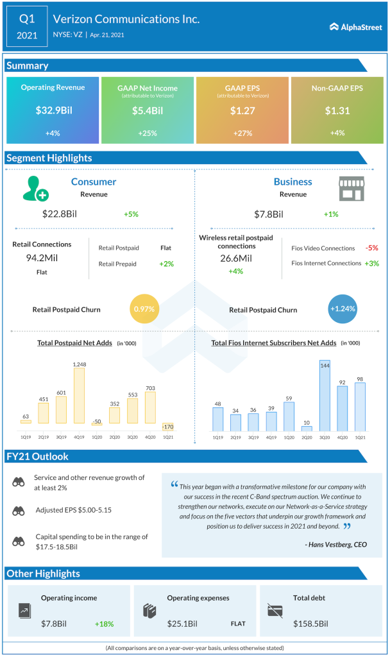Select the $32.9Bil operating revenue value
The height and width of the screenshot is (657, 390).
click(x=54, y=110)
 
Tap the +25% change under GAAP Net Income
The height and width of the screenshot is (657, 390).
click(x=147, y=133)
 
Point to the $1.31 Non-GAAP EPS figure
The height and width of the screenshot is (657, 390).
click(x=337, y=110)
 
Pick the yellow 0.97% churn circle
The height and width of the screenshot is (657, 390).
click(x=145, y=309)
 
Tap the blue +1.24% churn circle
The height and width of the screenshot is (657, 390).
click(x=342, y=309)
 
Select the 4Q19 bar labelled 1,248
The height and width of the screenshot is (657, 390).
click(x=80, y=395)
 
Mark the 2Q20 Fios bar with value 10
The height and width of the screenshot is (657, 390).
click(x=307, y=428)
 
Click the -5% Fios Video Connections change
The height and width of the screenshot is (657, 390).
click(x=371, y=248)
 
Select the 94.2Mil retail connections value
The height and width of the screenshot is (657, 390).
click(x=42, y=257)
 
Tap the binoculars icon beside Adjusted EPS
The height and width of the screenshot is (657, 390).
click(x=19, y=511)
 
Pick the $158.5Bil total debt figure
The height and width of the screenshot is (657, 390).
click(x=311, y=623)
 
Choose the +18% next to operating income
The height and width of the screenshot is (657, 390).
click(x=105, y=623)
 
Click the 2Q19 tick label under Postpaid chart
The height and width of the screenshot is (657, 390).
click(x=44, y=438)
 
